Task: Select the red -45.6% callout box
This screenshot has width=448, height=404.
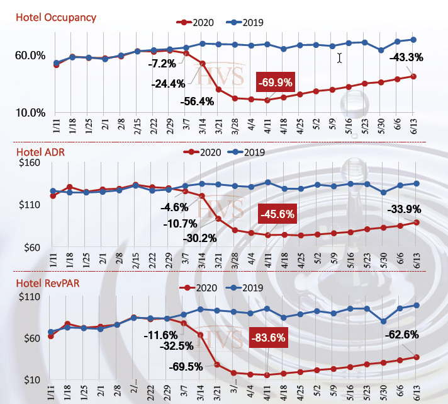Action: click(x=276, y=214)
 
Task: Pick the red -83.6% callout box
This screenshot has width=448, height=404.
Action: click(x=269, y=338)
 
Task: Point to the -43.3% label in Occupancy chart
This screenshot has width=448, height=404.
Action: click(x=406, y=57)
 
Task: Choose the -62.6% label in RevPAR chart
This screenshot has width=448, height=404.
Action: click(x=401, y=335)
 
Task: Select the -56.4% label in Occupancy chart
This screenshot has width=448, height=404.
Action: click(x=179, y=101)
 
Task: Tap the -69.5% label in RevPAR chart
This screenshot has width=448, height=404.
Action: click(x=186, y=366)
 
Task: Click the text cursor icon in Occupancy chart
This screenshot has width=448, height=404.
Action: click(x=340, y=58)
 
